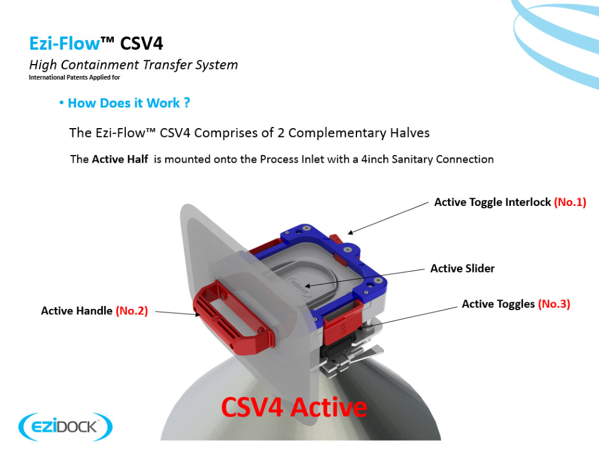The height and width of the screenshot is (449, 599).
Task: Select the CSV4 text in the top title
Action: [x=141, y=44]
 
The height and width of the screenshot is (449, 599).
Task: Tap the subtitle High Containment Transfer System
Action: [x=134, y=65]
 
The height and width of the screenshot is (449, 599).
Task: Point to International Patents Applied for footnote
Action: [x=74, y=77]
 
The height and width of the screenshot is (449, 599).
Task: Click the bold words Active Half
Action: [x=120, y=159]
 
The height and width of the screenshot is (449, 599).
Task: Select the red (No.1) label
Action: [x=570, y=202]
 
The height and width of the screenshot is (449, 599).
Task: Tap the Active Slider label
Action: [x=462, y=268]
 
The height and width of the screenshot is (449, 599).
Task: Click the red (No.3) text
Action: [x=554, y=304]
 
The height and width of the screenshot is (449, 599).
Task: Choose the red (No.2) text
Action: [x=131, y=311]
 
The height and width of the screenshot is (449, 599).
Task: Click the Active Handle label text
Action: [x=77, y=311]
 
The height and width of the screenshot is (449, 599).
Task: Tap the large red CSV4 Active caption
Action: [x=294, y=407]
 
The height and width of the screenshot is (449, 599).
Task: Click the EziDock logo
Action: [x=65, y=426]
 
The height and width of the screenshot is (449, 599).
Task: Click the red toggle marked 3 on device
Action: [x=342, y=322]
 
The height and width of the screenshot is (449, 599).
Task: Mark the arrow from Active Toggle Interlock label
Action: [x=388, y=218]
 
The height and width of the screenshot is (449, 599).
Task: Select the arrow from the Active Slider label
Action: [x=365, y=278]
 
